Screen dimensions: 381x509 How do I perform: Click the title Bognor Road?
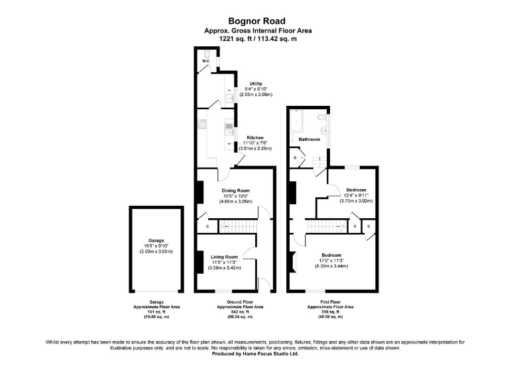[x=254, y=21]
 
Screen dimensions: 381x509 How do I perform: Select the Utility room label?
[x=247, y=83]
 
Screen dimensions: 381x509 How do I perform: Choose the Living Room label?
[x=224, y=257]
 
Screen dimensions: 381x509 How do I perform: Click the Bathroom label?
[x=309, y=140]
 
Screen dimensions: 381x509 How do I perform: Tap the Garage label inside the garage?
[x=156, y=241]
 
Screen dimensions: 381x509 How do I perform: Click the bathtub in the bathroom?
[x=296, y=122]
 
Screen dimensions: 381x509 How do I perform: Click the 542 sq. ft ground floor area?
[x=241, y=312]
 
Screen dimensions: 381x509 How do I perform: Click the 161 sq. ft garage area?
[x=157, y=312]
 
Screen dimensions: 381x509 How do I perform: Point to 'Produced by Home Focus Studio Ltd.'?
[x=254, y=353]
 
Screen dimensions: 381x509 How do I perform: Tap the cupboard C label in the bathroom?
[x=295, y=157]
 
